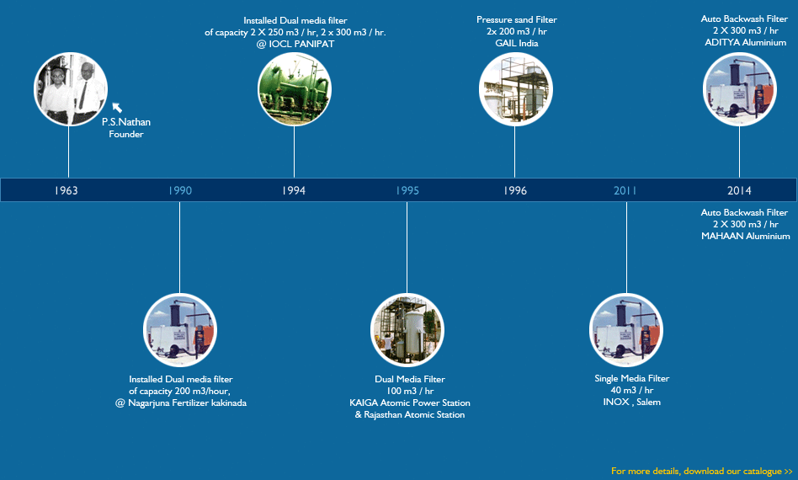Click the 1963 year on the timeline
pos(66,190)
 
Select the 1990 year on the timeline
pos(180,190)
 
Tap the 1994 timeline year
pos(294,190)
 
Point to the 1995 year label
pos(407,190)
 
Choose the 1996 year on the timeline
pos(515,190)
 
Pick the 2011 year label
pos(625,190)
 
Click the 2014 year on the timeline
pos(739,190)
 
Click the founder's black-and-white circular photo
pos(71,89)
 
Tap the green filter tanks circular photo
pos(295,89)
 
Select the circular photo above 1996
pos(515,89)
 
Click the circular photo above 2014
pos(739,89)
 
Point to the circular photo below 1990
pos(180,330)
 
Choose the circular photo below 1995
pos(407,330)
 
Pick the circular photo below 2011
pos(626,330)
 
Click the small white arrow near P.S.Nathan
pos(117,108)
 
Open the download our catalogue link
pos(702,471)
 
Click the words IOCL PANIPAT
pos(301,44)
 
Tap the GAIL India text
pos(517,43)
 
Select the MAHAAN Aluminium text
pos(746,236)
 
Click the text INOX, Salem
pos(631,403)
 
